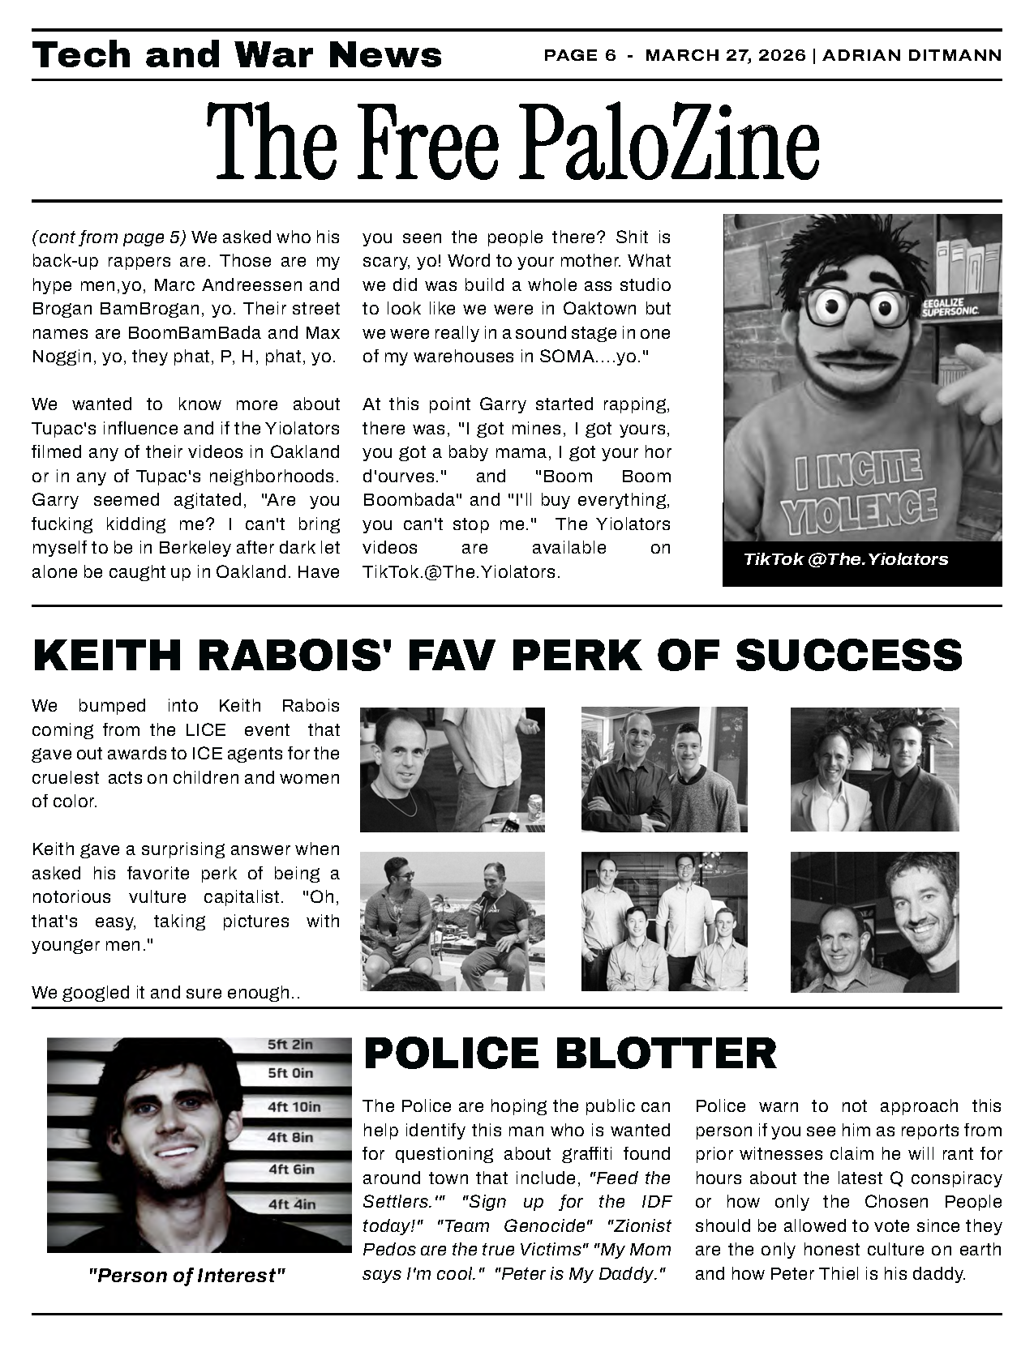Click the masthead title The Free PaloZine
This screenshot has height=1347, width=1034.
click(x=513, y=142)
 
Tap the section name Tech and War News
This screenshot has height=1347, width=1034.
click(x=237, y=55)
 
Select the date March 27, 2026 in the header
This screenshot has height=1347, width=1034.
click(x=726, y=55)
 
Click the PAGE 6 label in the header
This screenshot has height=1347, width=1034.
click(x=580, y=55)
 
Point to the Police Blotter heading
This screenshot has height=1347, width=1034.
click(x=570, y=1053)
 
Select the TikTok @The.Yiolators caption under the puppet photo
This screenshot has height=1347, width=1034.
click(x=845, y=559)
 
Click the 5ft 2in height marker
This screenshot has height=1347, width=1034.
click(x=290, y=1045)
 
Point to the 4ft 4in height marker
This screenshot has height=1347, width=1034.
click(x=291, y=1204)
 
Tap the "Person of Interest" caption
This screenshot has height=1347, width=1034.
click(x=187, y=1276)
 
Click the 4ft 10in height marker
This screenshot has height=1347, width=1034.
click(x=294, y=1106)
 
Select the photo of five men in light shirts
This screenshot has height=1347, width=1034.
click(x=663, y=922)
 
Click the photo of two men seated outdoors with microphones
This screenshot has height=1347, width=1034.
click(x=452, y=922)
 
